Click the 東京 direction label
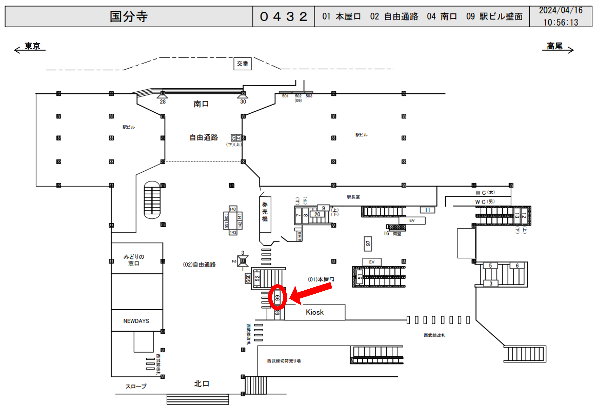click(x=32, y=46)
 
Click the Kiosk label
click(x=314, y=312)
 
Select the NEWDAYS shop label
click(x=136, y=321)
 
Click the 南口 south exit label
click(x=201, y=104)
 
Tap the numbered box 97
click(x=368, y=243)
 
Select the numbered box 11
click(x=427, y=210)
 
